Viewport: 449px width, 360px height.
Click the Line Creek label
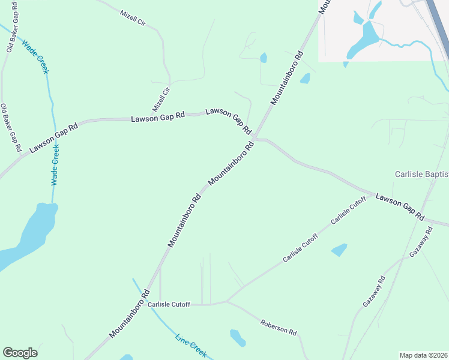click(191, 346)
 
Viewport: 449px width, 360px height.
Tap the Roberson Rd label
click(279, 328)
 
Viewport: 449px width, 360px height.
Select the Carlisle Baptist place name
click(421, 174)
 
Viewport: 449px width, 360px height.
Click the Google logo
click(20, 353)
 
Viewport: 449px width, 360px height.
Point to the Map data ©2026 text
click(423, 355)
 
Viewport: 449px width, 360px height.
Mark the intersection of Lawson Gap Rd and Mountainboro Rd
click(255, 139)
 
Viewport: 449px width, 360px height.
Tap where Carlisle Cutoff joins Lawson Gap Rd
click(368, 193)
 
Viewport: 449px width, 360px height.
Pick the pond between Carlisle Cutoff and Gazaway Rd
click(339, 249)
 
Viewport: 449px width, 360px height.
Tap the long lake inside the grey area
click(364, 39)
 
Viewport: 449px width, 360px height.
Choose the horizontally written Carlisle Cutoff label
click(169, 305)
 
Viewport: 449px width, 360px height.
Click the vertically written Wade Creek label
click(55, 164)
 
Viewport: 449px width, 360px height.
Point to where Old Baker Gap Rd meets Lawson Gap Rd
click(22, 155)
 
